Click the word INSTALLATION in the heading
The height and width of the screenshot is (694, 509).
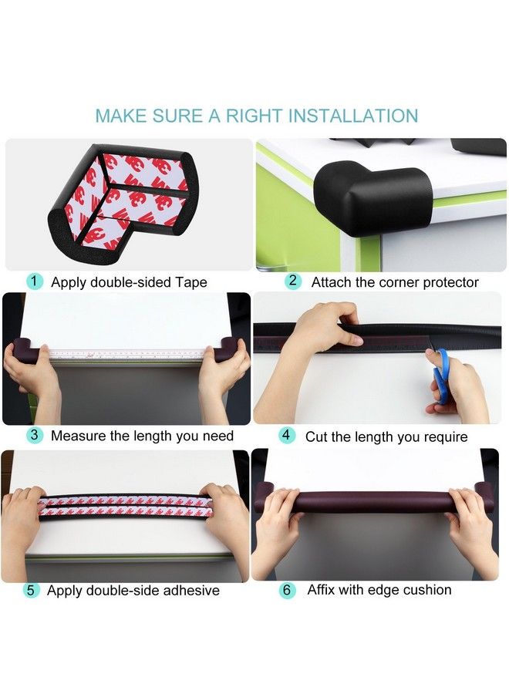(353, 116)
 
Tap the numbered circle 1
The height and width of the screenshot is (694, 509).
(35, 281)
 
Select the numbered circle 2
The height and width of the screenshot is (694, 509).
(292, 281)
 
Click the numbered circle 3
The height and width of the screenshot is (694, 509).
(35, 435)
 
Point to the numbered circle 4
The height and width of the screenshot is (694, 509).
(287, 435)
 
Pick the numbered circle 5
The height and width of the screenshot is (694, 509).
(31, 590)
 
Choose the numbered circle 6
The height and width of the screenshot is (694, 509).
(287, 590)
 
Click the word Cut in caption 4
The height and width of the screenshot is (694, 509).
(316, 436)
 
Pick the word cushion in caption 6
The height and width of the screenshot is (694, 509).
(425, 590)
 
